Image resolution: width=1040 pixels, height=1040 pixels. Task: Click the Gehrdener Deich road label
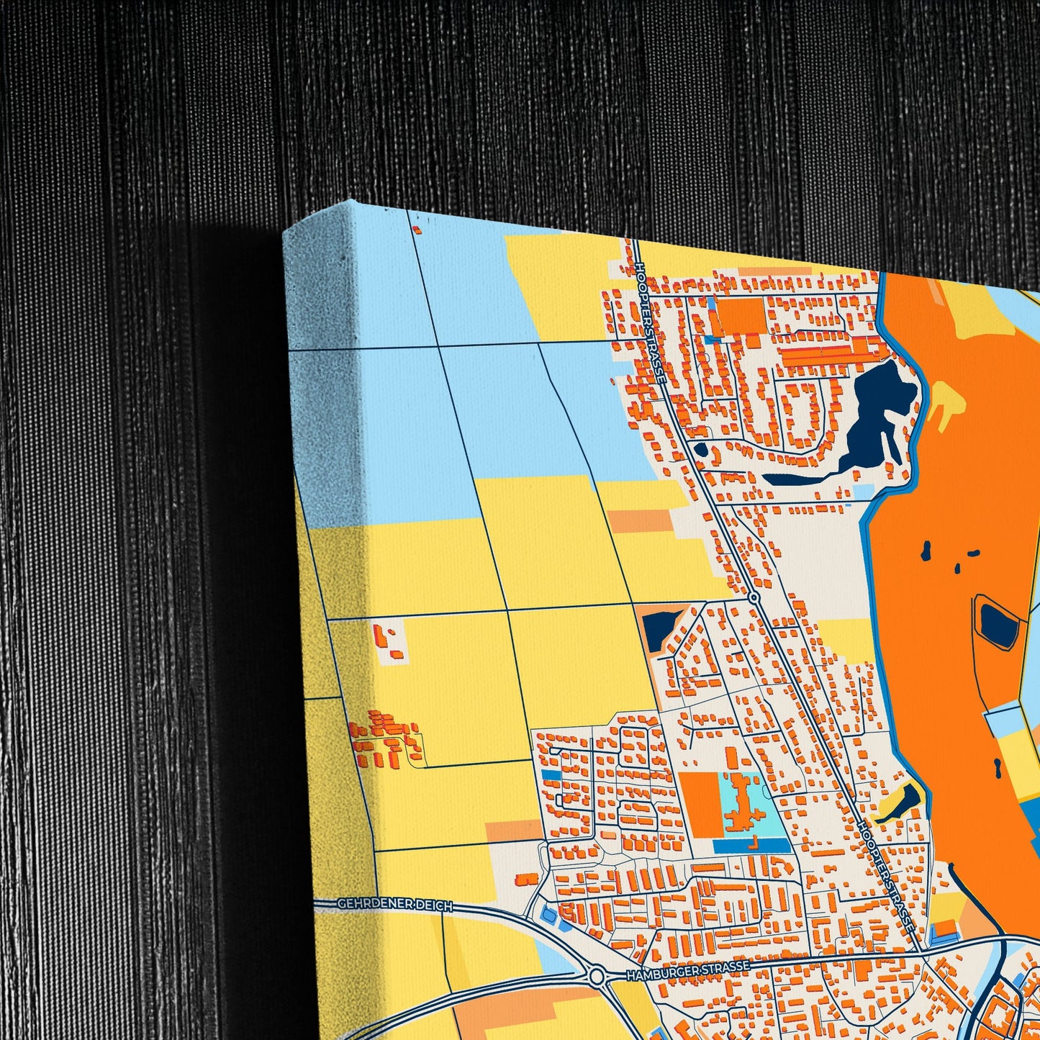[x=394, y=905]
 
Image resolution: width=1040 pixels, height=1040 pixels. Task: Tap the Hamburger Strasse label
[x=688, y=969]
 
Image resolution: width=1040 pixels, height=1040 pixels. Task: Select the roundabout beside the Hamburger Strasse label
[x=596, y=977]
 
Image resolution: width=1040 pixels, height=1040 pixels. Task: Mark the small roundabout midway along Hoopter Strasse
[x=754, y=597]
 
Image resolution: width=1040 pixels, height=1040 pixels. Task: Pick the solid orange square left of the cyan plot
[x=700, y=805]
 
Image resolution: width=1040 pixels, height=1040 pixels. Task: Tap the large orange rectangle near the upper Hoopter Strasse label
[x=741, y=315]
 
